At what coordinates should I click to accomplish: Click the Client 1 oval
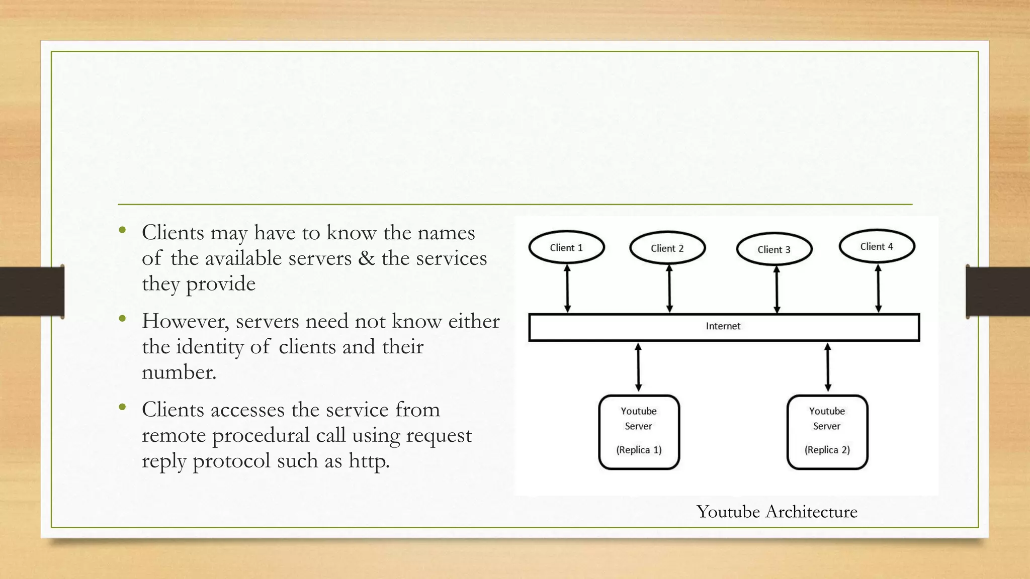click(566, 247)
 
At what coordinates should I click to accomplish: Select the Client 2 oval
click(667, 248)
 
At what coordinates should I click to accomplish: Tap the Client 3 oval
click(774, 249)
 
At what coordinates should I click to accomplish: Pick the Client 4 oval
click(877, 246)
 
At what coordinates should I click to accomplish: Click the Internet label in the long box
click(723, 326)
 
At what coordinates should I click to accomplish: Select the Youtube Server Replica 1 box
click(639, 432)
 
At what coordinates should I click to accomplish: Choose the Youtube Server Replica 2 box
click(827, 432)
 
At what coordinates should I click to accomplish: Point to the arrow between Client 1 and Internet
click(567, 289)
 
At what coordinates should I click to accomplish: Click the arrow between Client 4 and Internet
click(878, 289)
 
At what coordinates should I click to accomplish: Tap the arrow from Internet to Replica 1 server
click(638, 367)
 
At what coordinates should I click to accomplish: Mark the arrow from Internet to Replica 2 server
click(828, 367)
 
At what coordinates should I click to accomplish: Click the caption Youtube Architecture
click(777, 512)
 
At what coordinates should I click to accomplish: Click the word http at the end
click(369, 461)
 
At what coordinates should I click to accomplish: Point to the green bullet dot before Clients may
click(122, 231)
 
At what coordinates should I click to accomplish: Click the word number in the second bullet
click(179, 372)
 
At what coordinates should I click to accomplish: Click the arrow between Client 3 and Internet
click(777, 290)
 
